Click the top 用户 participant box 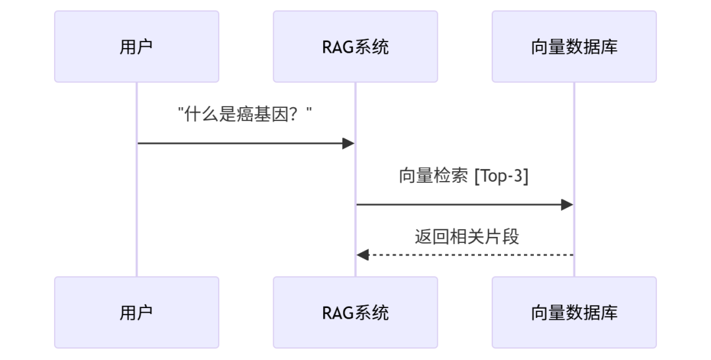[136, 47]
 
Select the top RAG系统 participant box [355, 47]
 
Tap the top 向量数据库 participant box [573, 47]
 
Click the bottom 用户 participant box [136, 312]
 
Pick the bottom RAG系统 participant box [355, 312]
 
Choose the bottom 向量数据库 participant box [573, 312]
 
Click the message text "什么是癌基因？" [245, 115]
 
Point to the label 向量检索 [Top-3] [464, 176]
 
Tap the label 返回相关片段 [467, 236]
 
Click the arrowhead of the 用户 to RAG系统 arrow [349, 143]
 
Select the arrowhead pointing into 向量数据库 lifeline [567, 205]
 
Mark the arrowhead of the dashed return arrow [362, 255]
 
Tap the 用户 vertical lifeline [137, 197]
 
